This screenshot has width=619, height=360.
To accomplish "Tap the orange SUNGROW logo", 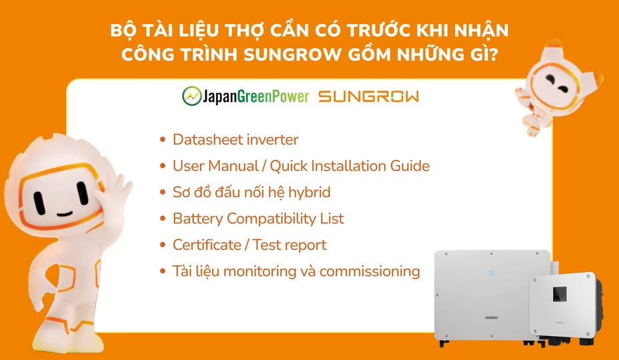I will pyautogui.click(x=368, y=97).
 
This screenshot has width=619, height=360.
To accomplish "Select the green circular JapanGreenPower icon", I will pyautogui.click(x=192, y=97).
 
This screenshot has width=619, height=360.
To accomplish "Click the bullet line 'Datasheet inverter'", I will pyautogui.click(x=235, y=140).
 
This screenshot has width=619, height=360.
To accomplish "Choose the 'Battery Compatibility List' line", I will pyautogui.click(x=258, y=219).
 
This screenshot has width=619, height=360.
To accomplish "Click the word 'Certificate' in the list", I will pyautogui.click(x=206, y=245).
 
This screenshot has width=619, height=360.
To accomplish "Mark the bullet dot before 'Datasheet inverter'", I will pyautogui.click(x=163, y=141).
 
